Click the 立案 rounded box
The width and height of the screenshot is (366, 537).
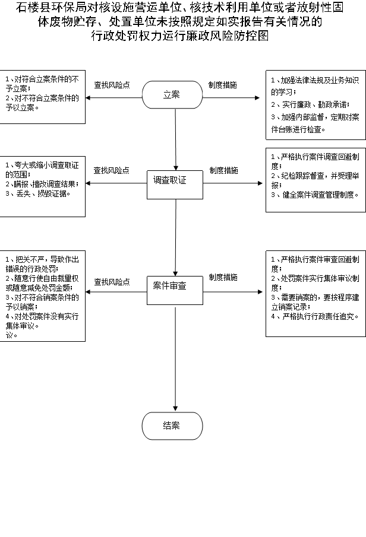[x=172, y=95]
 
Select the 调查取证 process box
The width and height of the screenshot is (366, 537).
[x=175, y=185]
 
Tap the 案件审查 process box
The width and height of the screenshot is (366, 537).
[x=175, y=290]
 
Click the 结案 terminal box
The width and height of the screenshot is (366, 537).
[x=172, y=426]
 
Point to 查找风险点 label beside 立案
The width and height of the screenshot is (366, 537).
[x=112, y=85]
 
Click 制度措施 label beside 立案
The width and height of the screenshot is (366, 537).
[x=223, y=85]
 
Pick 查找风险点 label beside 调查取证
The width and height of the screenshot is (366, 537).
[x=112, y=170]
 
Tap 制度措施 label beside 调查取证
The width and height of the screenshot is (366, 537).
[x=223, y=170]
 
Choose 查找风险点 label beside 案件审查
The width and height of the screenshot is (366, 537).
[x=112, y=282]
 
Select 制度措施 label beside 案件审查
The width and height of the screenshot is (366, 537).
[x=223, y=277]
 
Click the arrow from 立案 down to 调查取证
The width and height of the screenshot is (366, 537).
[x=176, y=139]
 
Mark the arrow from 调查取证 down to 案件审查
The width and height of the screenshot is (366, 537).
[x=176, y=238]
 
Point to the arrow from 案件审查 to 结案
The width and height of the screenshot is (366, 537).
[x=176, y=358]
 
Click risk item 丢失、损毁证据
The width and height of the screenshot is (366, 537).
[x=38, y=194]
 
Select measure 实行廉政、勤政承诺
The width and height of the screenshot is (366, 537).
[x=310, y=104]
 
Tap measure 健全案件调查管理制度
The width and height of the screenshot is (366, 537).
[x=314, y=195]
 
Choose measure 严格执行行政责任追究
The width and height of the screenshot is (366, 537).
[x=314, y=316]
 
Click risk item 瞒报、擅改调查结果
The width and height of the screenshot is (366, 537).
[x=42, y=185]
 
